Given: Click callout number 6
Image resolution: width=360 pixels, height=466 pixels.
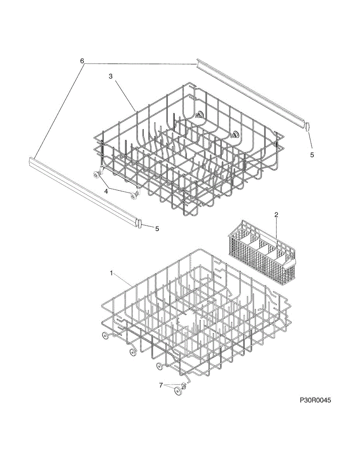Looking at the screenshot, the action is coord(82,61).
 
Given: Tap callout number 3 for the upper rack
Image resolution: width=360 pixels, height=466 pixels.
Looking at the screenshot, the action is coord(111,77).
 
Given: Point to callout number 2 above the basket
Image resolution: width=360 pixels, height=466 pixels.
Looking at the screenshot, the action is coord(276,214).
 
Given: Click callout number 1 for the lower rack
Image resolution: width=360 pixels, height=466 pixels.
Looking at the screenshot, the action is coord(111,273).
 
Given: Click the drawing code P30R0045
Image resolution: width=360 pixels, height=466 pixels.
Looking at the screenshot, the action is coord(315,400).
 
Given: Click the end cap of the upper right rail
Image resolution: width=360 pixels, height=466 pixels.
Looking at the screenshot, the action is coord(307,126).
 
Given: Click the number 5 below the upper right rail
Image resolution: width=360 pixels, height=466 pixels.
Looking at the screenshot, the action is coord(312,155).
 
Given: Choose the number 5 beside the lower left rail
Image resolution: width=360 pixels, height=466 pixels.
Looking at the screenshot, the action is coord(157,229).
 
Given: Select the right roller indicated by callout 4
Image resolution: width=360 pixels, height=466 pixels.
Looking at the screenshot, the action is coord(134,196).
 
